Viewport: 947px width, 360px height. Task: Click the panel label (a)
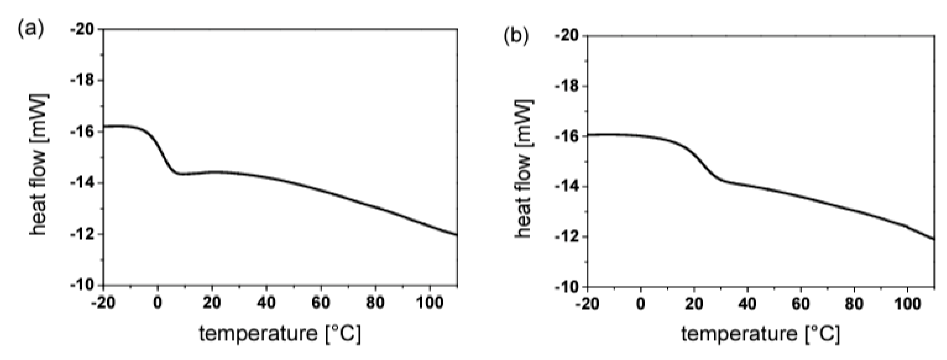click(x=31, y=29)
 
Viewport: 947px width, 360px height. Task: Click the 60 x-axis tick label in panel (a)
click(x=321, y=303)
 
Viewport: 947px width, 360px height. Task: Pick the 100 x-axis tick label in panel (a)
click(x=429, y=303)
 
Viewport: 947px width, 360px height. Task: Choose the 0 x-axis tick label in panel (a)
click(x=158, y=303)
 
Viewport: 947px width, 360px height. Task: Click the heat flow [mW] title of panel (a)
click(x=39, y=165)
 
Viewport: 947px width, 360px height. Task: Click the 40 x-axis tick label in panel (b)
click(x=748, y=304)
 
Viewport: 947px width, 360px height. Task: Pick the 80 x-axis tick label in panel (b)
click(x=854, y=304)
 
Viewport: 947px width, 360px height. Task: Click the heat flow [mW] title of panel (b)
click(x=524, y=169)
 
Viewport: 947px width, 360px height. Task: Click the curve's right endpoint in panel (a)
click(x=457, y=235)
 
